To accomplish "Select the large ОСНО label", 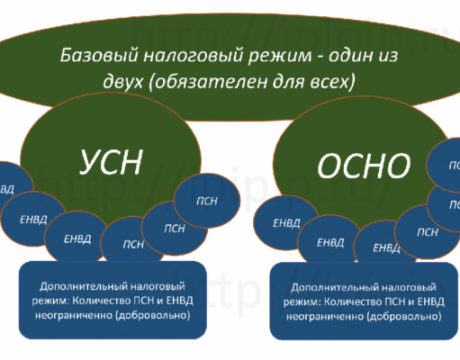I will (x=364, y=164).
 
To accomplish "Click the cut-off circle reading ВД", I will (x=8, y=189).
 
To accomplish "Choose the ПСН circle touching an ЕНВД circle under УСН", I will (x=133, y=243).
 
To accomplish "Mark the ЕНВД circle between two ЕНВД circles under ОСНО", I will (x=330, y=241).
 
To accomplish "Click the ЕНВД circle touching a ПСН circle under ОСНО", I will (x=386, y=247).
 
